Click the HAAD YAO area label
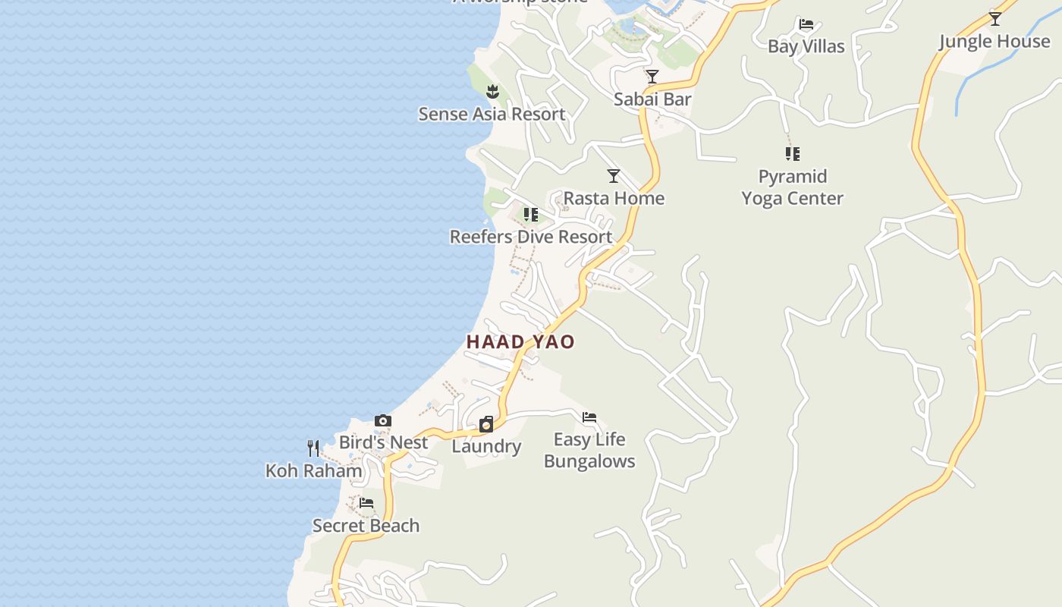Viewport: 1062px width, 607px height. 520,342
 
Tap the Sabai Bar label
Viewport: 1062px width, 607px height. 652,99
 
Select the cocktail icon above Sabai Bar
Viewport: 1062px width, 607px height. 652,77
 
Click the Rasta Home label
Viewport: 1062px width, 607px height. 614,199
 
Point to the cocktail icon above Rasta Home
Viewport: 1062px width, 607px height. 614,176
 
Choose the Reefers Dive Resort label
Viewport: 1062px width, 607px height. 531,237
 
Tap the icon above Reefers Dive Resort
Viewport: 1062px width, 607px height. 531,215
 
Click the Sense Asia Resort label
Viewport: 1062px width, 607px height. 492,115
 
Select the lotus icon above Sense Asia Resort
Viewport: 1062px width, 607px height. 492,92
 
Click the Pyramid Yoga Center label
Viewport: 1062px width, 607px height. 793,187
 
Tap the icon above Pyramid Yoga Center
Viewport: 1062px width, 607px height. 793,154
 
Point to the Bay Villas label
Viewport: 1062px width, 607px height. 806,47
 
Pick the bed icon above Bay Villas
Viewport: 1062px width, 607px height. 806,24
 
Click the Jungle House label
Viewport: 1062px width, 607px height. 994,41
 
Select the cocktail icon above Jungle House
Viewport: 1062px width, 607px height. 994,18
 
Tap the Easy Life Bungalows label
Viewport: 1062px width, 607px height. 589,451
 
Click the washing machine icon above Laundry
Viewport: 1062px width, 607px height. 486,423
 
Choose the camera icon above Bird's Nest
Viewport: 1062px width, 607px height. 383,420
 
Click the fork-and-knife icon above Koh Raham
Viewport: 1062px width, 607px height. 313,448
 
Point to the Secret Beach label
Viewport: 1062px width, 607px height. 366,526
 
